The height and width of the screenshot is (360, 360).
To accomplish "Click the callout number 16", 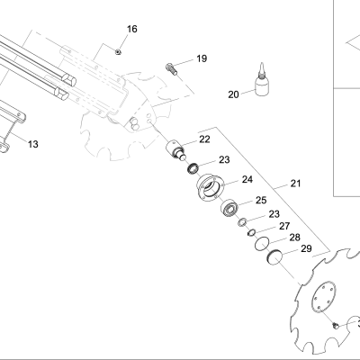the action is click(132, 29).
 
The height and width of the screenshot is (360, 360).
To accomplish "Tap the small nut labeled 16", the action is click(118, 52).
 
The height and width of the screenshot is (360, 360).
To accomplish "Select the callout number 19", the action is click(202, 58).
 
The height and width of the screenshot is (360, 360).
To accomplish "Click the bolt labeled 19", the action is click(172, 69).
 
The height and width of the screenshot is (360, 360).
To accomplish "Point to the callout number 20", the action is click(233, 94).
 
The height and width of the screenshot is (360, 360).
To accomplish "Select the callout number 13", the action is click(33, 144).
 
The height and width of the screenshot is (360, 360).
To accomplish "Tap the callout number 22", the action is click(204, 139).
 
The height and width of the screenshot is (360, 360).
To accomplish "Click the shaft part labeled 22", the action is click(175, 149).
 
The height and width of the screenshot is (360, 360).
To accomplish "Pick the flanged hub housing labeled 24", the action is click(210, 187).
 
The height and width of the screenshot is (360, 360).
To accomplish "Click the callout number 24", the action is click(247, 179).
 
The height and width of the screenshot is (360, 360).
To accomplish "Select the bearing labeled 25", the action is click(229, 207).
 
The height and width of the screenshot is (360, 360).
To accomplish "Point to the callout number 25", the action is click(261, 200).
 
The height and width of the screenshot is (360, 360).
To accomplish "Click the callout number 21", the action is click(295, 184).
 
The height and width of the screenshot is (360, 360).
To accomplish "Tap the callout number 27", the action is click(284, 226).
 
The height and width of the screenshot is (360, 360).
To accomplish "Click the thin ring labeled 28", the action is click(262, 243).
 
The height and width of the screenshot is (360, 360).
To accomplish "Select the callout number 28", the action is click(294, 238).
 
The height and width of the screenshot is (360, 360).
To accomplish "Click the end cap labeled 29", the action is click(274, 257).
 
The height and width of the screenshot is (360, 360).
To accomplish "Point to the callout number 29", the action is click(306, 248).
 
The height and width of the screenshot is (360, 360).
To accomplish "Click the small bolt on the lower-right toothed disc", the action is click(335, 325).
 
